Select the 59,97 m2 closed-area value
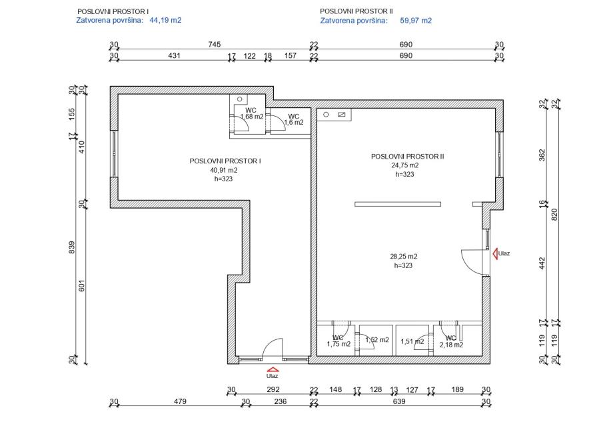(416, 21)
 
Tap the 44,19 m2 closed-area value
(165, 21)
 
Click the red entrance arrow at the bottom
(271, 369)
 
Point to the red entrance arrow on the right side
(496, 253)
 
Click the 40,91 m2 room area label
(224, 170)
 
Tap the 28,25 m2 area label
(404, 256)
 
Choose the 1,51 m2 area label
(412, 341)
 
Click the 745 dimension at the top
(214, 45)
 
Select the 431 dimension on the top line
(174, 56)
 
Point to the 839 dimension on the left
(73, 247)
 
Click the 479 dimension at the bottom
(180, 401)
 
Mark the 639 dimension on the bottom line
(399, 401)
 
